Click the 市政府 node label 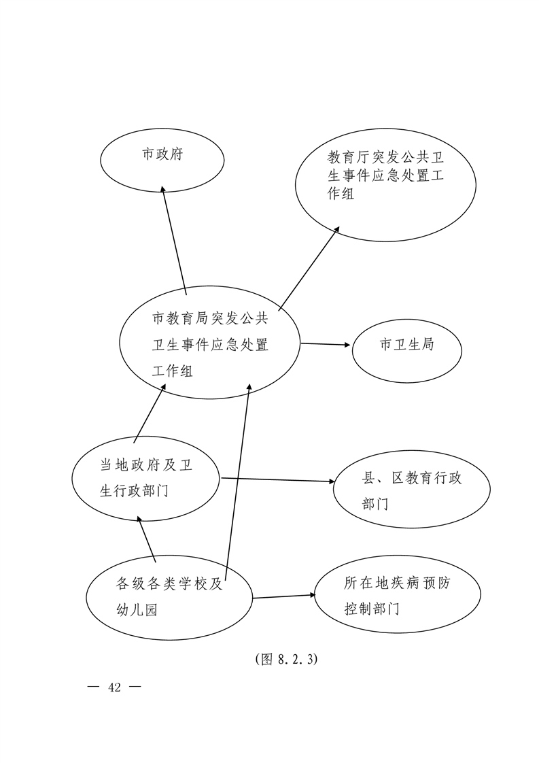click(x=162, y=154)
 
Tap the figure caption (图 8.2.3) click(x=286, y=659)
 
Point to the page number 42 click(x=115, y=687)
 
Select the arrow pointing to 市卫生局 click(x=326, y=344)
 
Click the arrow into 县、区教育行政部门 click(x=278, y=480)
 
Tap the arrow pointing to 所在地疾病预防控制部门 click(x=284, y=596)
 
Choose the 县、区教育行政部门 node click(x=411, y=489)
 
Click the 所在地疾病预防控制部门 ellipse click(x=398, y=594)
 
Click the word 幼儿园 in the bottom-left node click(x=137, y=610)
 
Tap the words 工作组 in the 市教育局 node click(x=173, y=371)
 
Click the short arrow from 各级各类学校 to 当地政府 click(x=146, y=540)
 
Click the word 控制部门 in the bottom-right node click(x=372, y=609)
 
